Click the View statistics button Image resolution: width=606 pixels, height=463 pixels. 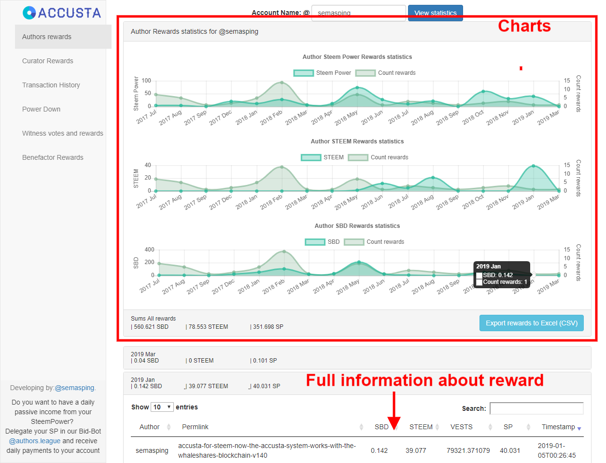tap(435, 13)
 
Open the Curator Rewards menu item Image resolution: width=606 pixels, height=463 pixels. tap(48, 61)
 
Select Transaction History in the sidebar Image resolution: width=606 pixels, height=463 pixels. tap(51, 85)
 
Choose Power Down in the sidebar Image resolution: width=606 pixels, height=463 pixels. tap(42, 109)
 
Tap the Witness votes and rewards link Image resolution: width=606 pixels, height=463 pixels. tap(63, 133)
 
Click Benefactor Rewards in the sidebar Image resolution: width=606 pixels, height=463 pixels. tap(53, 157)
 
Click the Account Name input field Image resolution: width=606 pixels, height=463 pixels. tap(358, 13)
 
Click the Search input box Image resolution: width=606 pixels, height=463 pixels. tap(536, 408)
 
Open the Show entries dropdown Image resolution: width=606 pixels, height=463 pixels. tap(162, 407)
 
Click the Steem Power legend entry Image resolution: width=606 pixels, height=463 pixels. tap(323, 73)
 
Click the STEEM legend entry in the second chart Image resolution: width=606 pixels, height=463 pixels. tap(323, 157)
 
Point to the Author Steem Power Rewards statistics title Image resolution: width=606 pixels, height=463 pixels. tap(357, 57)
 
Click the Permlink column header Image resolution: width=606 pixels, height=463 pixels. tap(195, 427)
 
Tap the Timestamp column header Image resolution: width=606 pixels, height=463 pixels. tap(558, 427)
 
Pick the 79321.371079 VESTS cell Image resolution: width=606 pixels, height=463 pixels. tap(468, 450)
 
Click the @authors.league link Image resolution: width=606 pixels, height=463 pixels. tap(35, 441)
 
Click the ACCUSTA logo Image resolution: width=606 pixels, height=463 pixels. tap(62, 13)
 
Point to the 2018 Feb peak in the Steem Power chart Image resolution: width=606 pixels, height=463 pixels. tap(282, 83)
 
